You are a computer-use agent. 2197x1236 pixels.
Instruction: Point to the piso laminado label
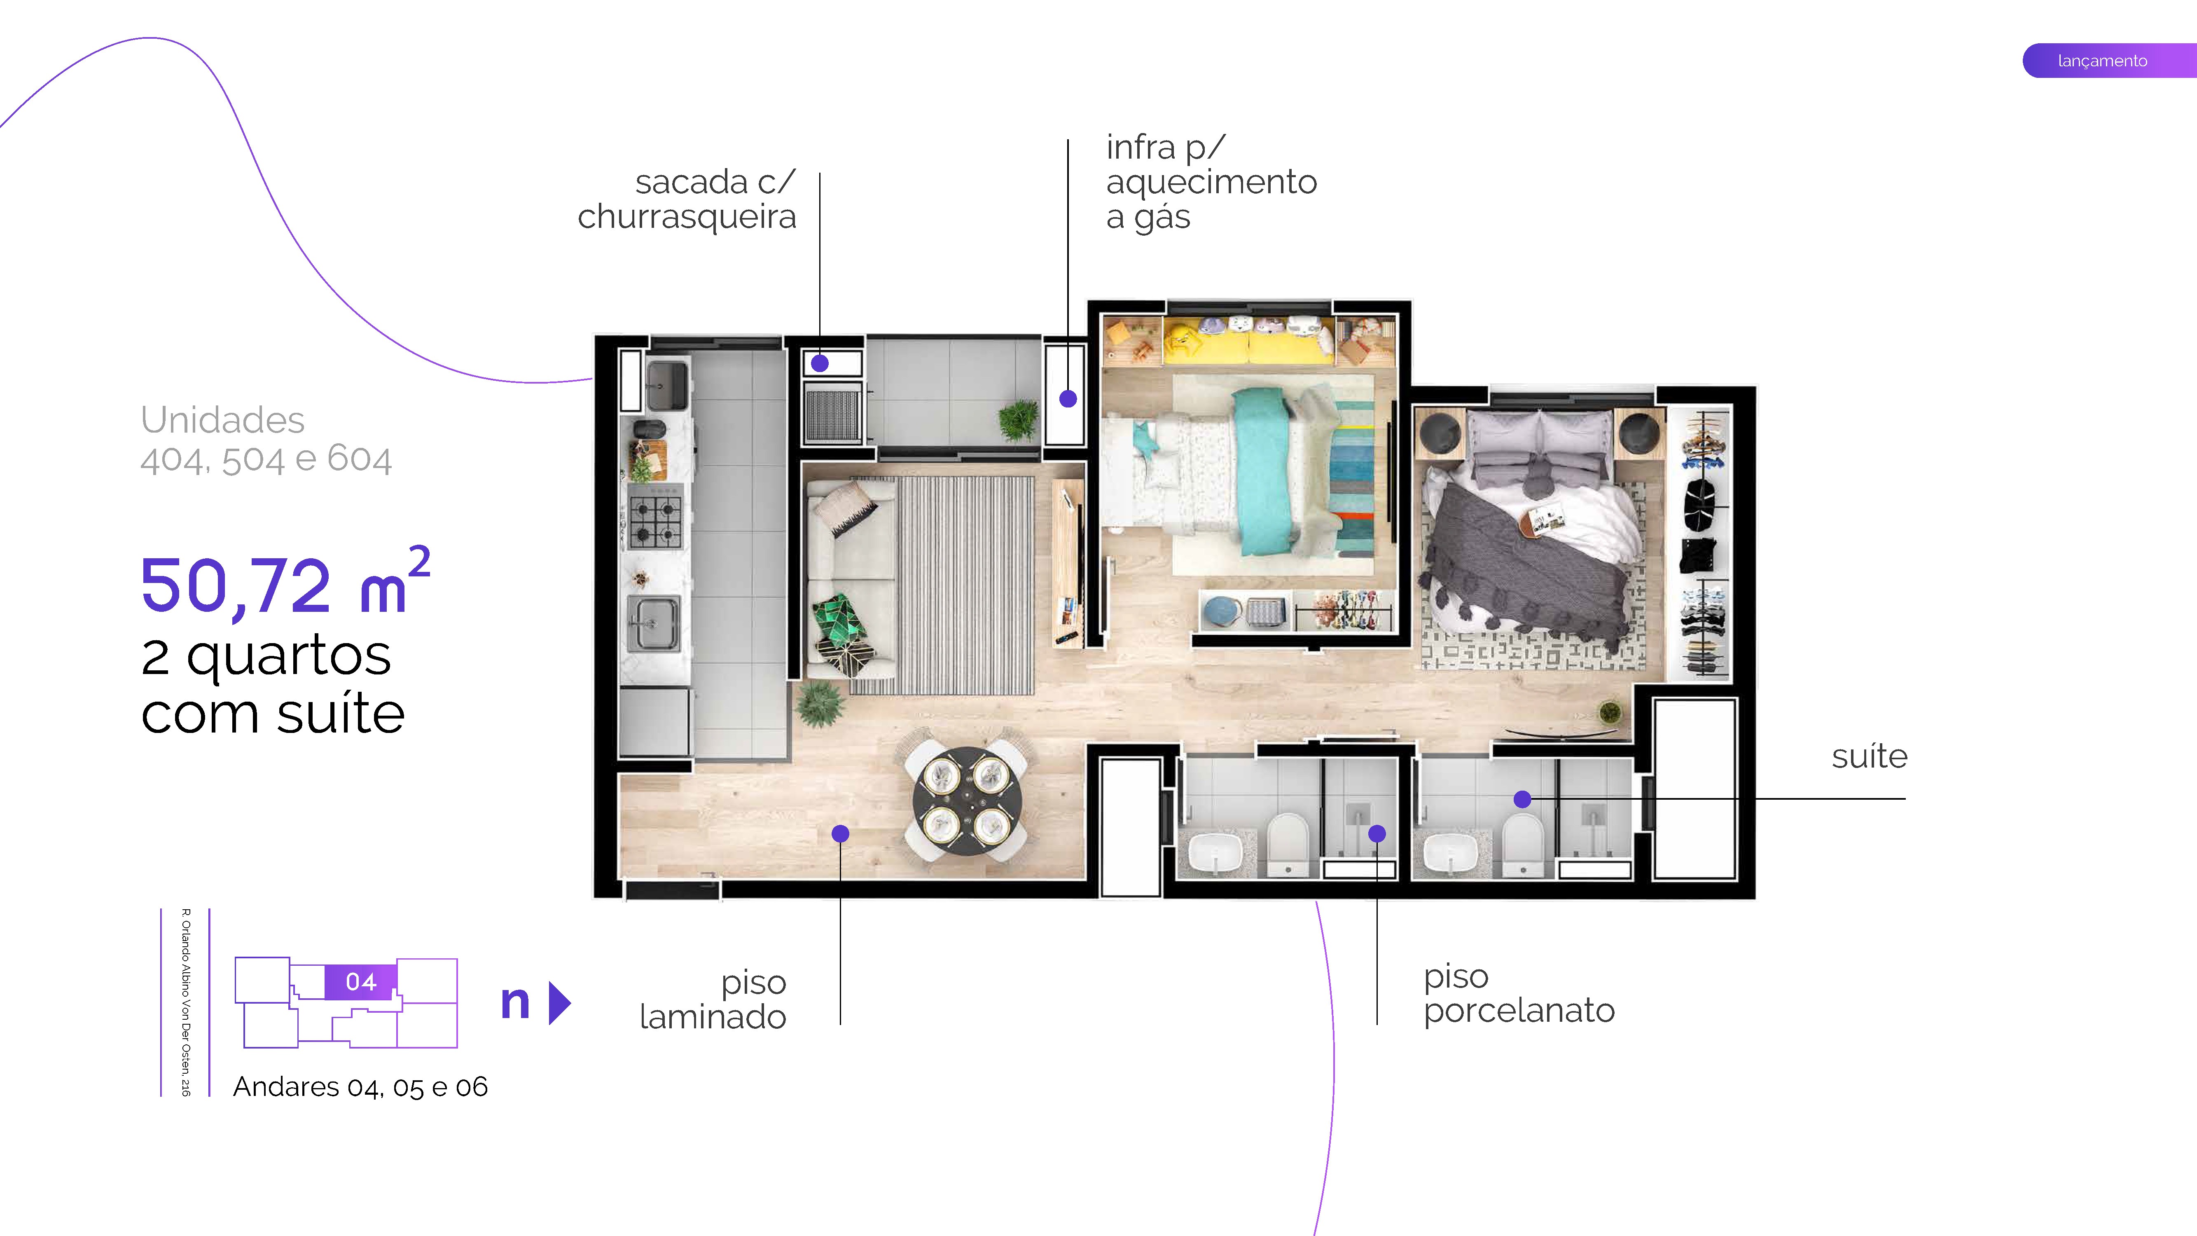point(713,1000)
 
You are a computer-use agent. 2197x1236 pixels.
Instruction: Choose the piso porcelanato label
point(1518,994)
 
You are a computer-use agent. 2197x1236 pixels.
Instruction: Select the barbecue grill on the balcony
point(832,414)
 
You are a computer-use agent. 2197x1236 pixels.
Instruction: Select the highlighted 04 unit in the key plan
point(361,982)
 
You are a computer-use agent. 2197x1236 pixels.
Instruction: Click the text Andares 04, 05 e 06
point(360,1087)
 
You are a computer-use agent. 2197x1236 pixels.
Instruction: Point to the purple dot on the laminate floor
point(840,833)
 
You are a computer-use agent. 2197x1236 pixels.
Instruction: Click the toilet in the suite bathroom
point(1522,842)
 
